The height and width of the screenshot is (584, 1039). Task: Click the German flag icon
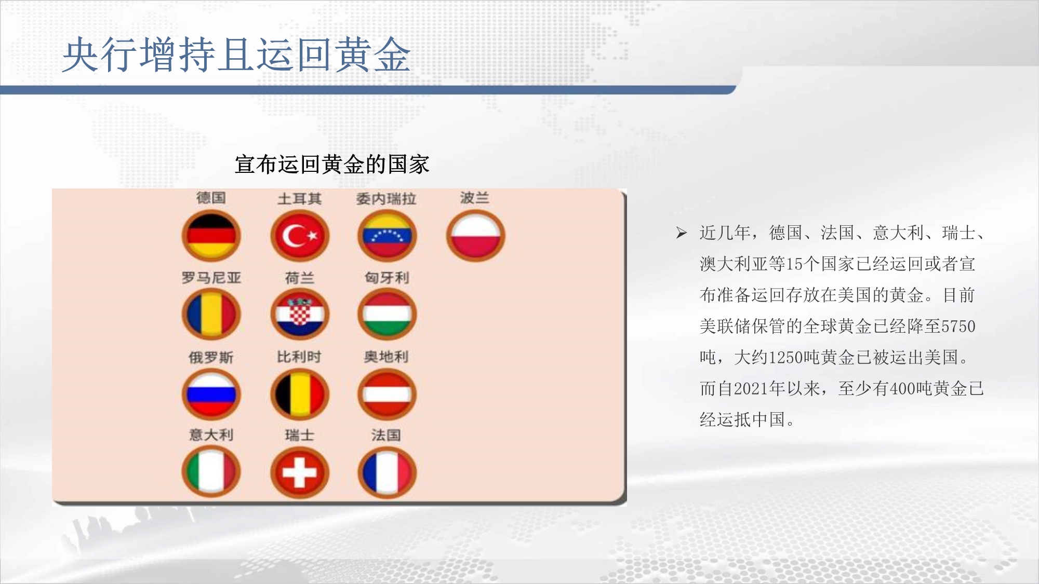(x=211, y=236)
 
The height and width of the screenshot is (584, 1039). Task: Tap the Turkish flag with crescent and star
(x=300, y=236)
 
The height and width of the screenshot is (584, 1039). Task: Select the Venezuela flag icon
(x=387, y=236)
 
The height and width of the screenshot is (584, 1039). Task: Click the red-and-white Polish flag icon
(x=475, y=236)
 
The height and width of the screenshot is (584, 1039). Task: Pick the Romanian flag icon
(x=211, y=315)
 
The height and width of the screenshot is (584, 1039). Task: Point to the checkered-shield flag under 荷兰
(x=300, y=315)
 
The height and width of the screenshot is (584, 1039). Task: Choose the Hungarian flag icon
(x=387, y=315)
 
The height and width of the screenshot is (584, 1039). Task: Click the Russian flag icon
(x=211, y=394)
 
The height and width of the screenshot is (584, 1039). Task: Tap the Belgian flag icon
(x=300, y=394)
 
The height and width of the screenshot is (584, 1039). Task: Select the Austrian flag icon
(x=387, y=394)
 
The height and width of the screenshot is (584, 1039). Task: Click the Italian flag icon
(x=211, y=472)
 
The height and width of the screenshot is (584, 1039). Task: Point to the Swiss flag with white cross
(x=300, y=472)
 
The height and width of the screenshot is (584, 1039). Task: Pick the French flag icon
(x=387, y=472)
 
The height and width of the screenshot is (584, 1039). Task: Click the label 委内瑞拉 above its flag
(x=386, y=199)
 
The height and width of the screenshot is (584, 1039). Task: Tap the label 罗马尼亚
(x=211, y=278)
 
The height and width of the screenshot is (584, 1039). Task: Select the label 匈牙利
(x=387, y=278)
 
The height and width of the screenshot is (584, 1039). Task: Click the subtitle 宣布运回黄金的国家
(x=332, y=165)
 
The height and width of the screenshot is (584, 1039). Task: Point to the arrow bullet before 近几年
(x=682, y=233)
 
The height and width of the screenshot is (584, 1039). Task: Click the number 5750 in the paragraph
(x=958, y=327)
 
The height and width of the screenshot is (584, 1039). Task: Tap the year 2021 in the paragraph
(x=751, y=389)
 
